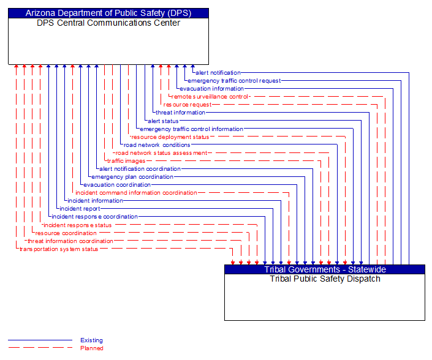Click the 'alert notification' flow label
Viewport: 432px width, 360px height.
tap(218, 73)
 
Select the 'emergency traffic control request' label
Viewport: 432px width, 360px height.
tap(234, 81)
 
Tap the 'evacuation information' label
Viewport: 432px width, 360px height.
tap(211, 89)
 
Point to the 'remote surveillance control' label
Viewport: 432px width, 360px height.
tap(210, 97)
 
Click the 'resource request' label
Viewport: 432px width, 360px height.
tap(188, 105)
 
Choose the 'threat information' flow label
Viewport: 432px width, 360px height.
tap(180, 113)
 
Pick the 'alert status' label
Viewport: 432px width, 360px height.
tap(163, 121)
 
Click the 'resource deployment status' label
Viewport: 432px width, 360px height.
tap(170, 137)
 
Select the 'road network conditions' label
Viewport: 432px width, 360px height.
tap(157, 145)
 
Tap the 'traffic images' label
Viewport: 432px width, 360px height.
tap(126, 161)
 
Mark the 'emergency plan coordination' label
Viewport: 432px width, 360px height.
tap(132, 177)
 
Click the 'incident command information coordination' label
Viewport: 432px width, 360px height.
tap(136, 193)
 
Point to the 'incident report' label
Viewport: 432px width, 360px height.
tap(80, 209)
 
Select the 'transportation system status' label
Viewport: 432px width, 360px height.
tap(59, 249)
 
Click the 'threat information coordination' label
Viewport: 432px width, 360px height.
tap(70, 241)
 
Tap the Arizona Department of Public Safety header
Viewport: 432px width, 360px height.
tap(108, 13)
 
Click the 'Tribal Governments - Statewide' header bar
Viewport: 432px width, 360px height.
tap(324, 269)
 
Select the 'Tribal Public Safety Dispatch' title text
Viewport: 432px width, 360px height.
tap(324, 279)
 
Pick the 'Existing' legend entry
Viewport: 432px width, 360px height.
tap(91, 340)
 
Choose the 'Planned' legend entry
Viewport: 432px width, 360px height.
tap(91, 348)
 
